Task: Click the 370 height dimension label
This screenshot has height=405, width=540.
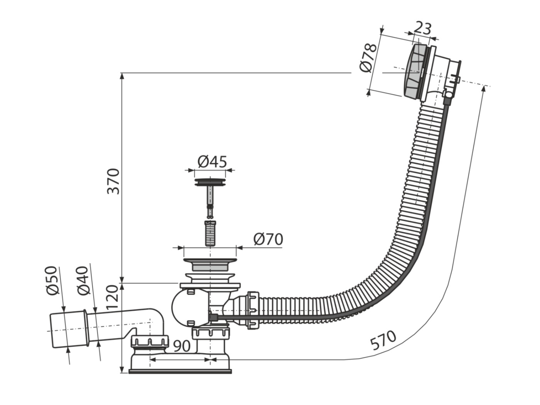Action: (113, 181)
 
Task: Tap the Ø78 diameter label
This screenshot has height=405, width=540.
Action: (368, 58)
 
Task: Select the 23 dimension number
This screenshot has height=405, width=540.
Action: (422, 28)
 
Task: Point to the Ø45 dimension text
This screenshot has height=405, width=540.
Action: (212, 161)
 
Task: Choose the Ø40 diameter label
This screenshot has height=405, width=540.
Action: (82, 280)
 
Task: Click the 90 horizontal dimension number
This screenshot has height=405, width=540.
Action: (182, 346)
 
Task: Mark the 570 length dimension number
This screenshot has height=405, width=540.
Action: (383, 340)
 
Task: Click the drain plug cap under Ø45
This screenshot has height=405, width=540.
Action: (210, 182)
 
